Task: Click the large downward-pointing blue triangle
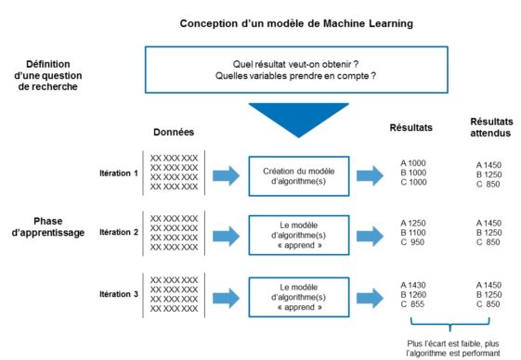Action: click(291, 117)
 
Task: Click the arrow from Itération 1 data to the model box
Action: click(226, 174)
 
